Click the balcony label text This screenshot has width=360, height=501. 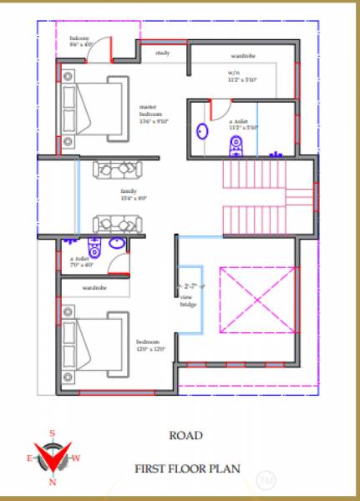tap(80, 41)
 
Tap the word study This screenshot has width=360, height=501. tap(163, 53)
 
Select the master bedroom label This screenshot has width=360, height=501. tap(154, 114)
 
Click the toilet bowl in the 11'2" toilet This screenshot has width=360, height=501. tap(236, 147)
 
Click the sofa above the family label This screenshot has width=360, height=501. tap(117, 170)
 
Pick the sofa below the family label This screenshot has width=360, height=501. tap(117, 223)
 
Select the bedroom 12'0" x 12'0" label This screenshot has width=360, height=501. tap(151, 345)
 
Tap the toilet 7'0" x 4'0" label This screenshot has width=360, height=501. tap(82, 262)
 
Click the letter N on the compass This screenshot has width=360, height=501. tap(53, 482)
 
